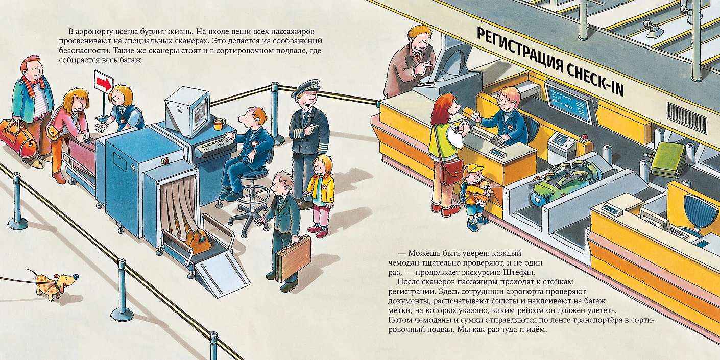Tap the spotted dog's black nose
tap(76, 275)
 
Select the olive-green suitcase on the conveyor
tap(668, 159)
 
